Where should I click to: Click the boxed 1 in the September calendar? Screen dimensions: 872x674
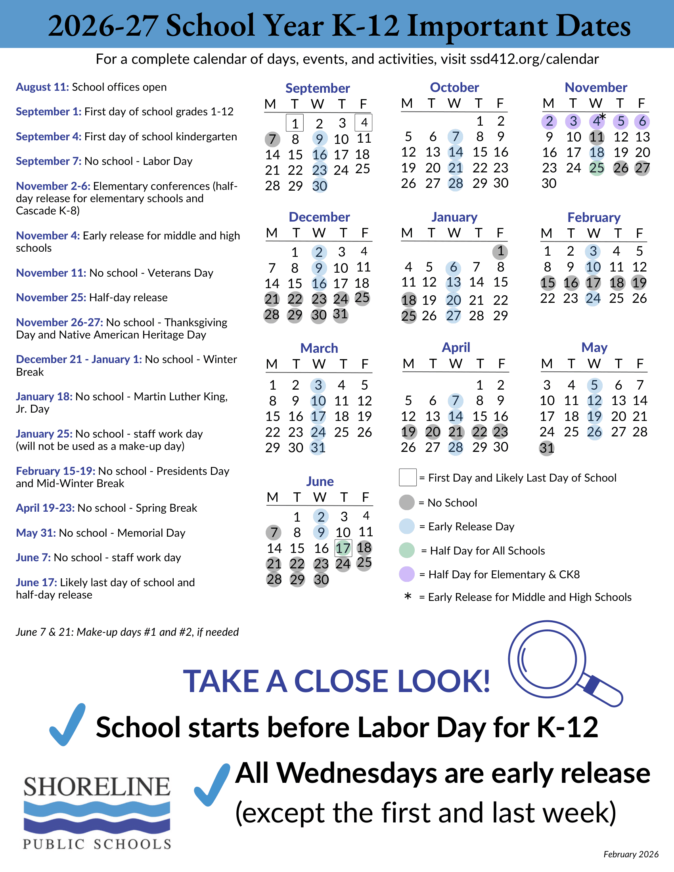pos(295,123)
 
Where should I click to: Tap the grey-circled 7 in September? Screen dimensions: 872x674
pos(272,140)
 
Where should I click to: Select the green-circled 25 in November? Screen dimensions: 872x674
pos(597,168)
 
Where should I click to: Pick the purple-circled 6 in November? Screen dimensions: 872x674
pos(642,121)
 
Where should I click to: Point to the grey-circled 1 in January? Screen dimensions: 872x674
pos(500,252)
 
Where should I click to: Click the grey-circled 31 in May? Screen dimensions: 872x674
pos(547,448)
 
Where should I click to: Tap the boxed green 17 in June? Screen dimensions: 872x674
pos(343,548)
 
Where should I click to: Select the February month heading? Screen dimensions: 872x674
pos(594,218)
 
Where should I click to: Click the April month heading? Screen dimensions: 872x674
pos(456,348)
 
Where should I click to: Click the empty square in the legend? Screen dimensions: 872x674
pos(408,478)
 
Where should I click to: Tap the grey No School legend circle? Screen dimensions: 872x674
pos(407,502)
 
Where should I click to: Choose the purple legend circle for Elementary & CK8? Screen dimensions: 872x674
pos(407,574)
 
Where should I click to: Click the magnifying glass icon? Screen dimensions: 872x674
pos(559,663)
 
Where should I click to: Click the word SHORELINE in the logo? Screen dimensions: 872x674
pos(97,786)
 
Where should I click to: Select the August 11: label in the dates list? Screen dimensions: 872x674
pos(42,87)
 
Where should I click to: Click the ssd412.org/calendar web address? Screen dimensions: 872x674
pos(534,59)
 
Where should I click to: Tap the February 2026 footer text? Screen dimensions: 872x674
pos(631,854)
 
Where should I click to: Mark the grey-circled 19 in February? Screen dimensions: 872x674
pos(639,283)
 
